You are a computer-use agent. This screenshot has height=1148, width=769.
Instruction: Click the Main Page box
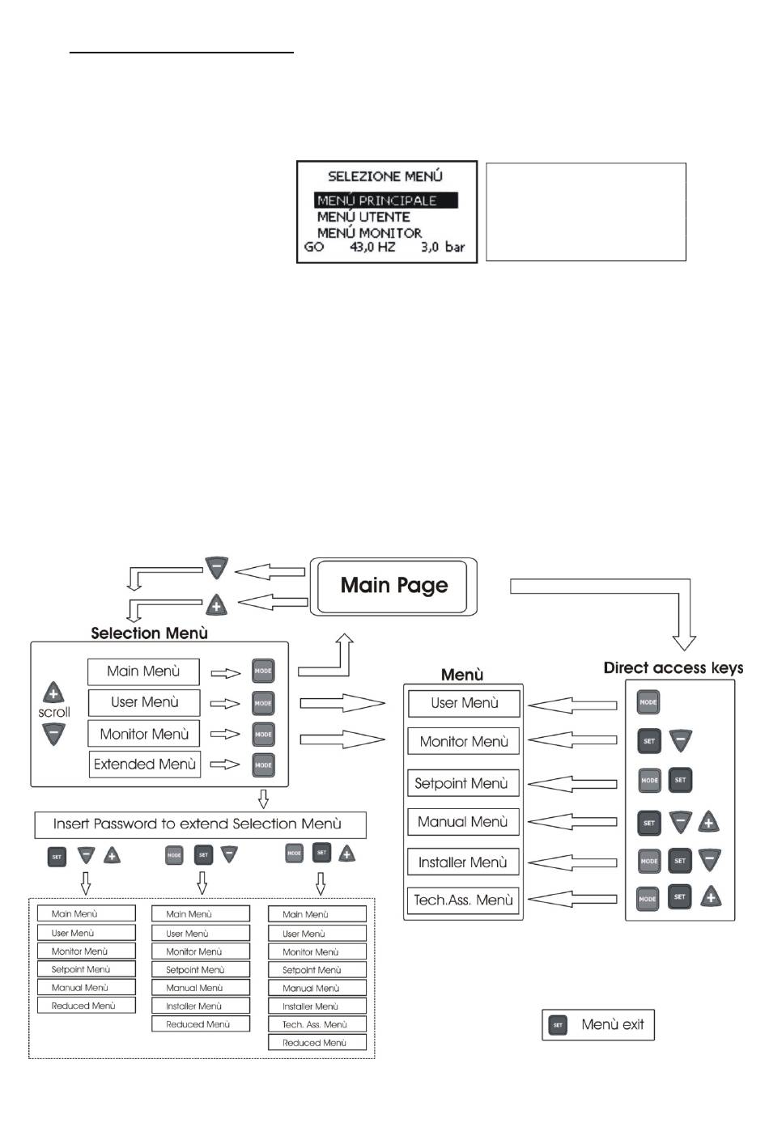pyautogui.click(x=393, y=587)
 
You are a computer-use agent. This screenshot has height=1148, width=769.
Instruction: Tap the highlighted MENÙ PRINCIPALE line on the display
pyautogui.click(x=385, y=200)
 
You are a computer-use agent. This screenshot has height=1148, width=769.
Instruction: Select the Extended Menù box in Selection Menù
pyautogui.click(x=145, y=765)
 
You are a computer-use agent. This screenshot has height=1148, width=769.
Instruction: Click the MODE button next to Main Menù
pyautogui.click(x=263, y=671)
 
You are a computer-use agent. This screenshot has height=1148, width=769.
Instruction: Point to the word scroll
pyautogui.click(x=53, y=712)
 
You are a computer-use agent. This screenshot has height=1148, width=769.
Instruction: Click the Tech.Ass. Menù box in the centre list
pyautogui.click(x=463, y=900)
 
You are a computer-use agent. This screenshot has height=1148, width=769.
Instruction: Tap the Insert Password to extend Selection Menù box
pyautogui.click(x=201, y=824)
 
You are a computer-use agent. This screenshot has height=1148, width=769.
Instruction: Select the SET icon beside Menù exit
pyautogui.click(x=558, y=1025)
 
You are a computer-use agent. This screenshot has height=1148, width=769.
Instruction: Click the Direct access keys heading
pyautogui.click(x=673, y=667)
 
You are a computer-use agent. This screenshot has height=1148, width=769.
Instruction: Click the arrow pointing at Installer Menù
pyautogui.click(x=572, y=862)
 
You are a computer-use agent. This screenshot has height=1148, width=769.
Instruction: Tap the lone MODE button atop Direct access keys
pyautogui.click(x=648, y=702)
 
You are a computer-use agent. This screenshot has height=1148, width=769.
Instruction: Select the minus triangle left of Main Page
pyautogui.click(x=216, y=568)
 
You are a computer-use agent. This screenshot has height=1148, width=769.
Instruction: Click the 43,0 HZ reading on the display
pyautogui.click(x=372, y=247)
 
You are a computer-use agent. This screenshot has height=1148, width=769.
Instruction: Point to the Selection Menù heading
pyautogui.click(x=149, y=633)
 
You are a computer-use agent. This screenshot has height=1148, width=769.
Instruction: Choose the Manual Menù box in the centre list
pyautogui.click(x=463, y=821)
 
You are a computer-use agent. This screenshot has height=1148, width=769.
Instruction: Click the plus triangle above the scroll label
pyautogui.click(x=53, y=693)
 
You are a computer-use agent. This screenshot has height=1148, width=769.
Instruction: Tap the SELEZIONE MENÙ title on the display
pyautogui.click(x=385, y=176)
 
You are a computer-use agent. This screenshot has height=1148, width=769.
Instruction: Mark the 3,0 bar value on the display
pyautogui.click(x=443, y=247)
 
